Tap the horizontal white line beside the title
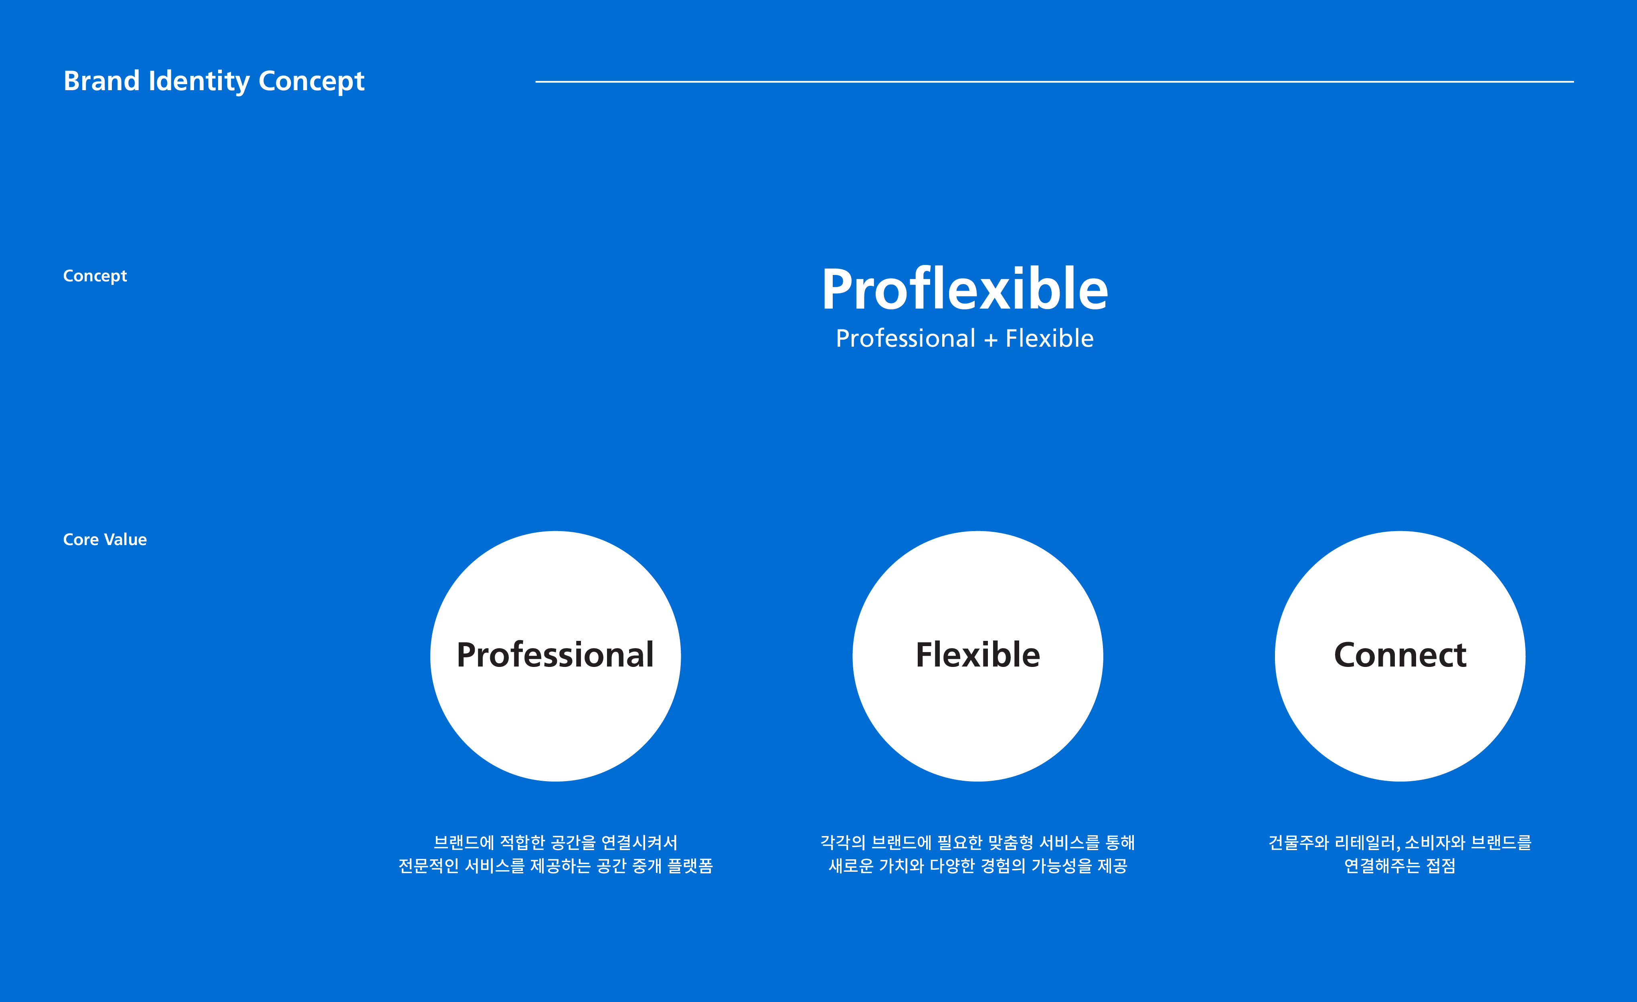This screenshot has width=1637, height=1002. (x=1054, y=82)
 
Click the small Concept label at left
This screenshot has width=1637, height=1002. (x=95, y=276)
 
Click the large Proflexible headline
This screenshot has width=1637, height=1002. (x=965, y=289)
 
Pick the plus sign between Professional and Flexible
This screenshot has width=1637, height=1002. (x=991, y=340)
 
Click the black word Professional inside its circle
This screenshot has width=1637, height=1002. (x=555, y=655)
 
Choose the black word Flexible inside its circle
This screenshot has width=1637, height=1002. (x=978, y=655)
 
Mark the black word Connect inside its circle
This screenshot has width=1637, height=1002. (x=1400, y=655)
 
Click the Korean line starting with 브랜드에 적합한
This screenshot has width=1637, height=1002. (x=555, y=842)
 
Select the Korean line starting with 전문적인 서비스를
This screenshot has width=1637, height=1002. (x=555, y=866)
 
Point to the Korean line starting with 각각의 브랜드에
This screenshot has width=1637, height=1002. (x=978, y=842)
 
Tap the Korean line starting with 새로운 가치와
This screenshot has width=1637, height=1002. (x=978, y=866)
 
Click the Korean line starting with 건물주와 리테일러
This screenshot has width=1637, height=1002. (x=1400, y=842)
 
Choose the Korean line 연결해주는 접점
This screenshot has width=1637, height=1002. (x=1400, y=866)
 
